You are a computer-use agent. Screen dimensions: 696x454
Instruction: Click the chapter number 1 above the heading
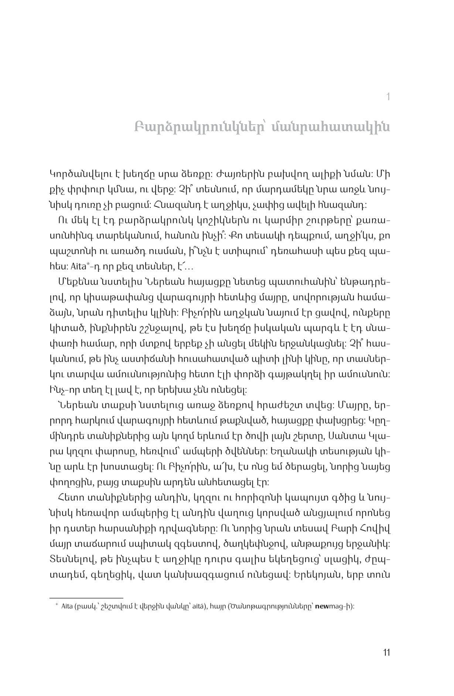[x=388, y=97]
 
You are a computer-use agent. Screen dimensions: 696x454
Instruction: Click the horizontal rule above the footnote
[x=86, y=597]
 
